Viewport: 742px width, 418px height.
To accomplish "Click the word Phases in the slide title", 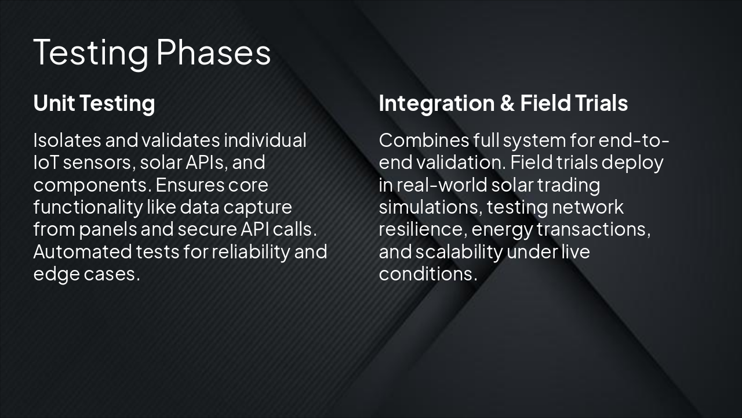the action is click(x=213, y=52).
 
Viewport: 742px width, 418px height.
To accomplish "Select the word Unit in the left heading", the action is click(x=54, y=103).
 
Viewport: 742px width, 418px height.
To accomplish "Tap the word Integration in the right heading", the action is click(x=437, y=104).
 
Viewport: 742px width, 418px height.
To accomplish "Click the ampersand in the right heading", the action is click(x=507, y=103).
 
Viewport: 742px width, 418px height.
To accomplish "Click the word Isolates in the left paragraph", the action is click(x=68, y=140).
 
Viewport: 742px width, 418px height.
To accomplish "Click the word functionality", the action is click(x=88, y=208).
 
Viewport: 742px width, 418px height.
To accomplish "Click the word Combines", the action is click(x=424, y=140).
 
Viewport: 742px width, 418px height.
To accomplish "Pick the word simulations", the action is click(x=431, y=207).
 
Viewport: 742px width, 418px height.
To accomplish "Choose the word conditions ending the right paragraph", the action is click(x=428, y=274).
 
